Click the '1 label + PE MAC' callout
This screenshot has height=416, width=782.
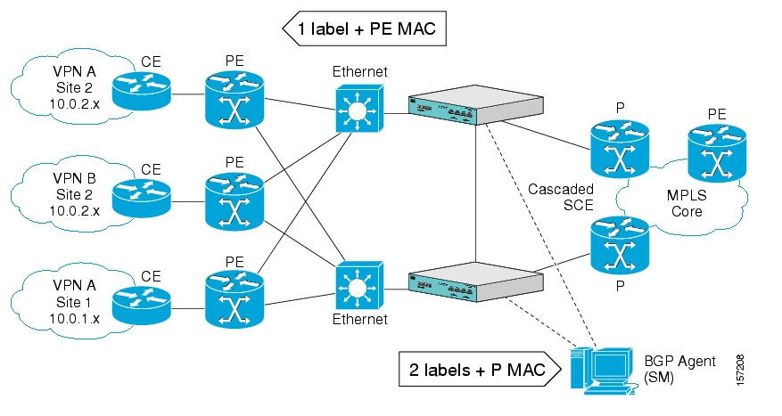tap(365, 29)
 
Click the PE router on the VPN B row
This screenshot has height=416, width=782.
tap(235, 199)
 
